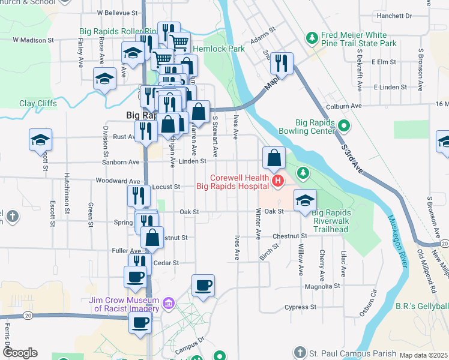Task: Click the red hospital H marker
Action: [x=277, y=180]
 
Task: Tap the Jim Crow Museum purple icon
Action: [x=169, y=304]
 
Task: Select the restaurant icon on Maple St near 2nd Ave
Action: [x=281, y=62]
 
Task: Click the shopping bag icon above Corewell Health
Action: [x=274, y=158]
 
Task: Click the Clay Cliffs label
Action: [x=38, y=103]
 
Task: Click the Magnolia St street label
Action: [x=323, y=286]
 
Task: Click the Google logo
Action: [x=20, y=353]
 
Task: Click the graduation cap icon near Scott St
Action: [x=41, y=140]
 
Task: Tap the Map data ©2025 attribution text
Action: [x=424, y=355]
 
